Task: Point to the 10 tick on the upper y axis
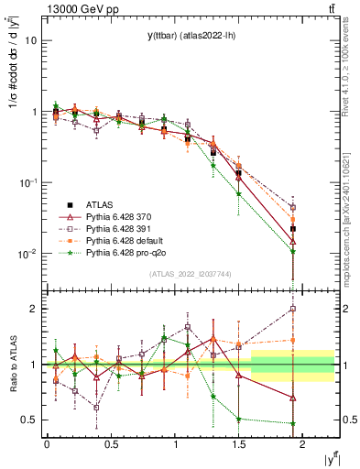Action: click(x=31, y=41)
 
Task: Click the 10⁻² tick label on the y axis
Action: click(x=27, y=254)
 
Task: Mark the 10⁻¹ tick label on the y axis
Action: click(x=27, y=183)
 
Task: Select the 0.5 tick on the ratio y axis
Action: click(x=29, y=420)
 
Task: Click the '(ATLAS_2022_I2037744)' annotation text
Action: click(x=191, y=274)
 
